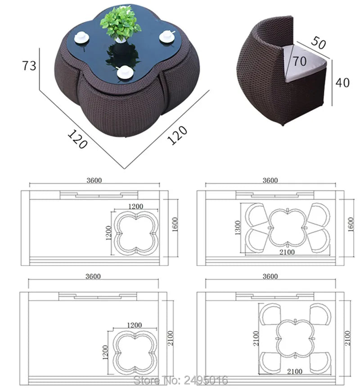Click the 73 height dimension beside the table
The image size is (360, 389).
pos(29,66)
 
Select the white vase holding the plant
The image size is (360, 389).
pos(121,40)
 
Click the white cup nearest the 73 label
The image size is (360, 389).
pos(81,38)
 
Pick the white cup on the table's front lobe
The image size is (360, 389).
pos(124,72)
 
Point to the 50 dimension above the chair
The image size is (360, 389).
pos(318,42)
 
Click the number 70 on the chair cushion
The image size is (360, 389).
pos(299,61)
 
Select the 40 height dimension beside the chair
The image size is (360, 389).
pos(342,83)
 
